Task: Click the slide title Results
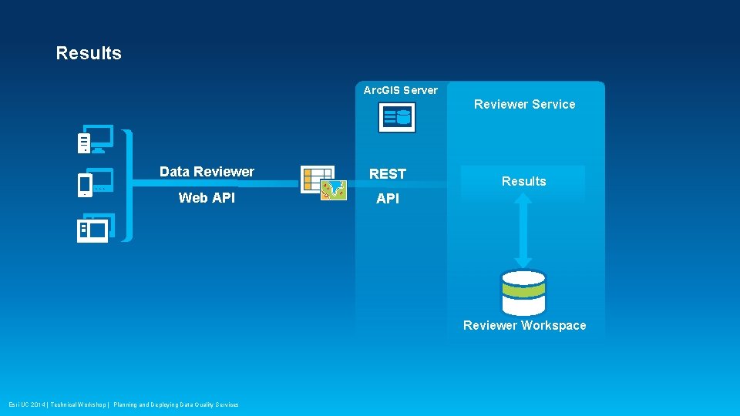point(89,53)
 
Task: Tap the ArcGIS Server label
point(400,90)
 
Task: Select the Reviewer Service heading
point(524,104)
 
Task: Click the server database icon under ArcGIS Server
point(397,118)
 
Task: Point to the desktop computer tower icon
point(84,143)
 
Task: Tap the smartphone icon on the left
point(86,186)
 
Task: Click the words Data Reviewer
point(207,172)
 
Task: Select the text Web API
point(207,198)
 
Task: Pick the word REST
point(387,174)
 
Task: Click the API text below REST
point(387,199)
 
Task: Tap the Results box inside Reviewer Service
point(523,182)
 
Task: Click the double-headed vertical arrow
point(523,230)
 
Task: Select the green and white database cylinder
point(523,293)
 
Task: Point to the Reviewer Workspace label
point(524,325)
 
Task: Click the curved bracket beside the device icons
point(128,185)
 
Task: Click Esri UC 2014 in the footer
point(26,404)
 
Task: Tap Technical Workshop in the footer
point(79,404)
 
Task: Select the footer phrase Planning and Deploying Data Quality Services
point(176,404)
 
